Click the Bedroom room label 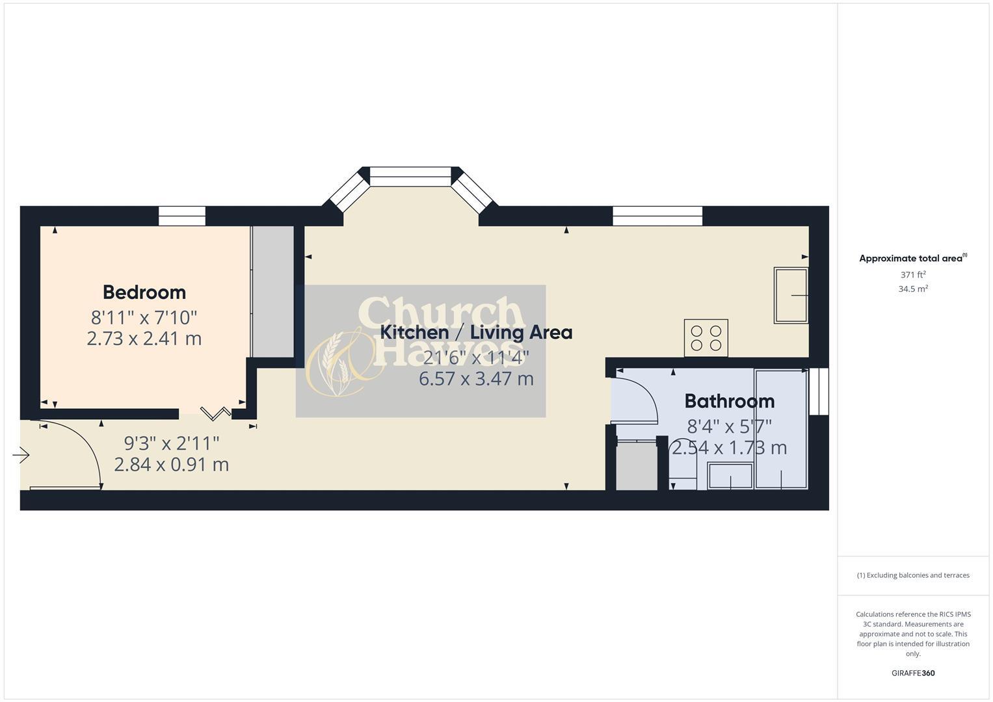pos(144,292)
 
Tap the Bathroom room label pos(729,400)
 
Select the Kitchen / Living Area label pos(476,332)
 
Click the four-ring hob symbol pos(706,338)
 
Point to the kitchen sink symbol pos(791,295)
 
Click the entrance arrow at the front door pos(21,456)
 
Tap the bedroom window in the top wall pos(182,216)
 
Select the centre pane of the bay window pos(410,176)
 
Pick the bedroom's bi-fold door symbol pos(215,413)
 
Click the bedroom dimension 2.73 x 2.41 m pos(144,339)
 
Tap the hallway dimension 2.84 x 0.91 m pos(171,465)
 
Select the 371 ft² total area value pos(912,275)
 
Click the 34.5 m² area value pos(912,289)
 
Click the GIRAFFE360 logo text pos(912,673)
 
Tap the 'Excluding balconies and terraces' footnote pos(912,575)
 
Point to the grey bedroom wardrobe pos(272,291)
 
